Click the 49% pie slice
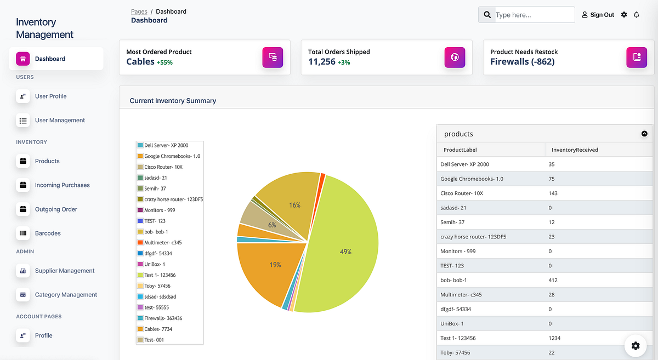(x=345, y=252)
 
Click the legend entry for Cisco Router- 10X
(x=163, y=167)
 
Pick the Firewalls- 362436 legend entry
(x=163, y=318)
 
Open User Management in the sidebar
(x=60, y=120)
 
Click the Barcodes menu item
(x=48, y=233)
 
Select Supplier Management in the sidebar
(x=65, y=271)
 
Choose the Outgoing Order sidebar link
(x=56, y=209)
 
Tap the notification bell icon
(x=637, y=15)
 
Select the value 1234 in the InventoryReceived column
(x=554, y=338)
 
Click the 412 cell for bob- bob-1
(x=553, y=280)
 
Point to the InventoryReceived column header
(x=575, y=150)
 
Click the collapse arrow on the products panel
(x=644, y=134)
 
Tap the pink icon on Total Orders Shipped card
(x=455, y=57)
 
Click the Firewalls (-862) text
(x=522, y=62)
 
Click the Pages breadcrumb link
(x=139, y=11)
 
